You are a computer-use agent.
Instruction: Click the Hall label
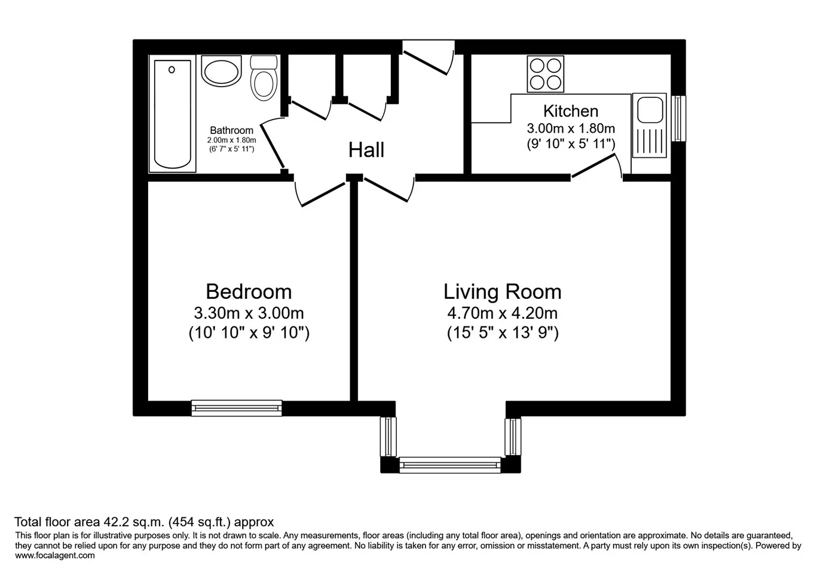[x=366, y=150]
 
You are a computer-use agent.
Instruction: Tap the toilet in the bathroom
[x=264, y=78]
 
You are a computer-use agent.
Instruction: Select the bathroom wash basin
[x=222, y=71]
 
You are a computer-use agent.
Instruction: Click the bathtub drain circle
[x=172, y=69]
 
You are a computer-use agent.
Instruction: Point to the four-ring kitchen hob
[x=546, y=74]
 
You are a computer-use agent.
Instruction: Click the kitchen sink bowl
[x=650, y=109]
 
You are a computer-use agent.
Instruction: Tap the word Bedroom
[x=249, y=292]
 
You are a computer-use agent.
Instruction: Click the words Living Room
[x=502, y=292]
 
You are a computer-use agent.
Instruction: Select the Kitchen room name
[x=571, y=111]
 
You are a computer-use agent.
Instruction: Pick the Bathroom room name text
[x=231, y=130]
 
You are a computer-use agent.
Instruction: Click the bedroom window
[x=237, y=408]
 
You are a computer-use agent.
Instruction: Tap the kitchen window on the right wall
[x=678, y=118]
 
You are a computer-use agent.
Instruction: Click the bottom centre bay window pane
[x=450, y=465]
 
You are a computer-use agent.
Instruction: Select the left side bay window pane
[x=388, y=436]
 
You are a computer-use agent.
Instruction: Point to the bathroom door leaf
[x=272, y=146]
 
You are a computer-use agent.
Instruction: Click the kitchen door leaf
[x=593, y=166]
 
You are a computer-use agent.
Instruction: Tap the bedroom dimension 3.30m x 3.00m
[x=249, y=313]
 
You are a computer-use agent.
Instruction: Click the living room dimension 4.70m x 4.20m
[x=502, y=313]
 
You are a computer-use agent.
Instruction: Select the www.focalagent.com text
[x=55, y=555]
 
